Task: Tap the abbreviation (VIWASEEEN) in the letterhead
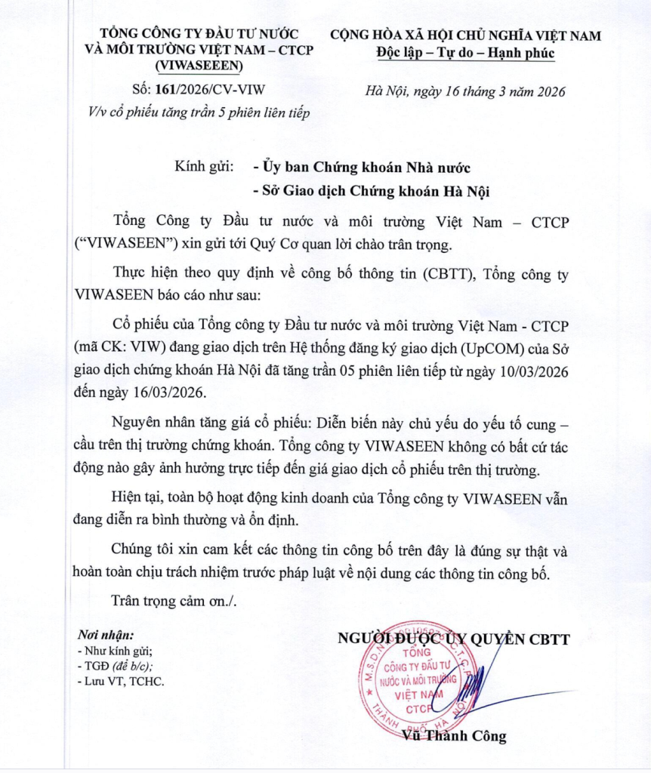(199, 66)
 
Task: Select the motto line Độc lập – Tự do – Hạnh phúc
(466, 53)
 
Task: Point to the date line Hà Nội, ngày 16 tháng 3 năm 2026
(465, 92)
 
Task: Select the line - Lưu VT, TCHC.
(121, 681)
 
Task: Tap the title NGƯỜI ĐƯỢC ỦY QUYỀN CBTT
(453, 639)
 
